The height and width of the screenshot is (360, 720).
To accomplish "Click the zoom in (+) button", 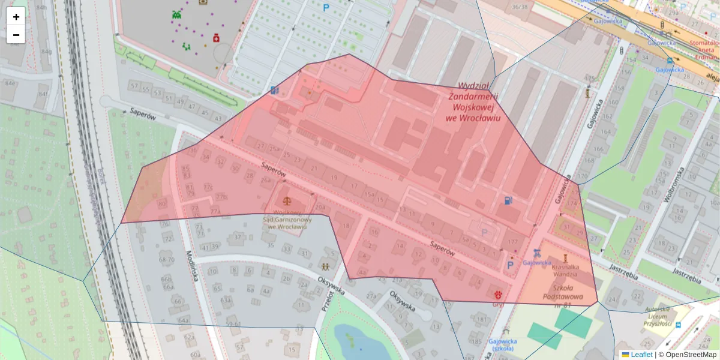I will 16,17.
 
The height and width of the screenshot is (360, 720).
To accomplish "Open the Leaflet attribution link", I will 640,355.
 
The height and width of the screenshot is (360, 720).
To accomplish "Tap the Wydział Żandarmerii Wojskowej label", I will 473,101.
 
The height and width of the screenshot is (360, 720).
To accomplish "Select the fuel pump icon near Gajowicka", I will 508,200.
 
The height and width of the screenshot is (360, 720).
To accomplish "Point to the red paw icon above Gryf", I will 497,294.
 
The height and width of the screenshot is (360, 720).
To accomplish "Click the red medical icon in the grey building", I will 215,38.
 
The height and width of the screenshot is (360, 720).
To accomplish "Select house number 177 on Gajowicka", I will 512,242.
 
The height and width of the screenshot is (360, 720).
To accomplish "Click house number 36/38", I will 520,7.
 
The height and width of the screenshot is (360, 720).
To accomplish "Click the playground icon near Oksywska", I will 325,266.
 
